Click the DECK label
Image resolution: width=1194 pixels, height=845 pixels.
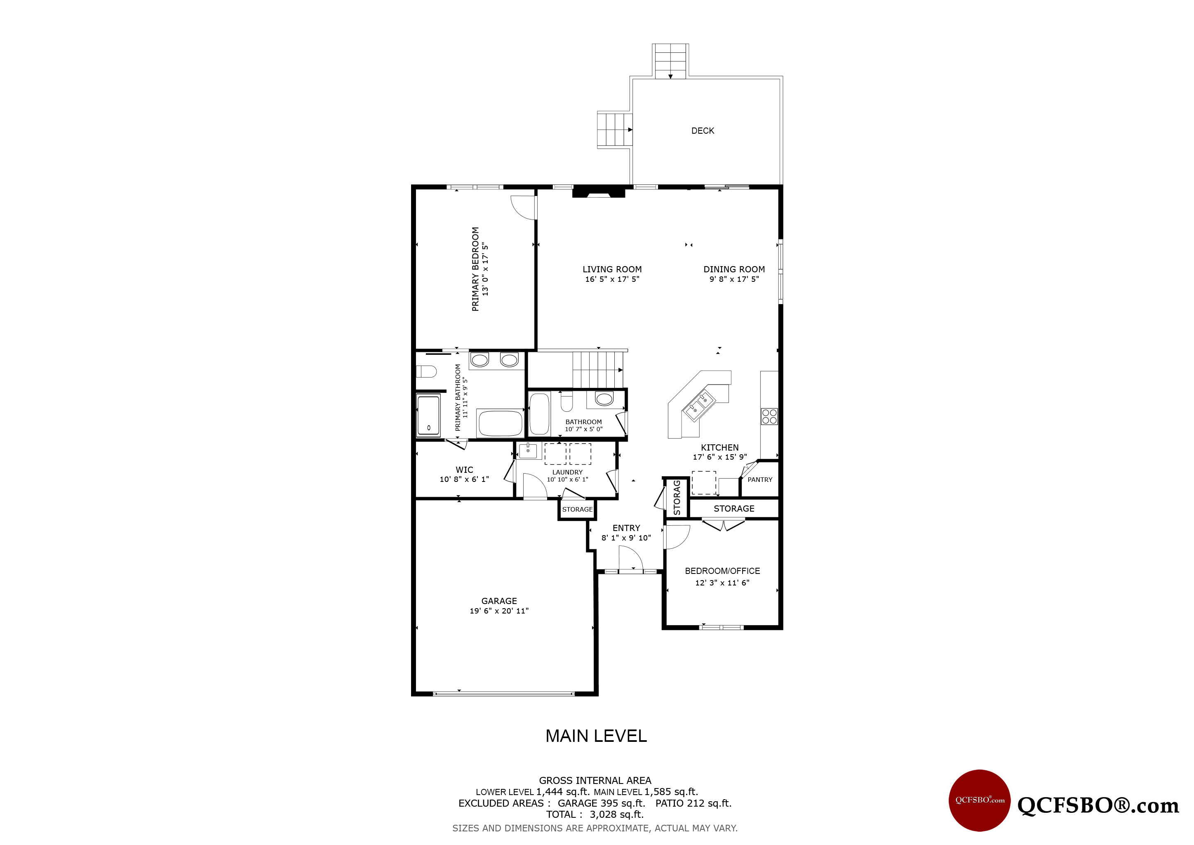[703, 131]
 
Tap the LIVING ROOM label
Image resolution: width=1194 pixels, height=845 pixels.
[612, 269]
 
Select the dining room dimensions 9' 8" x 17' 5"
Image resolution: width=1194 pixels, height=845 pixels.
[734, 279]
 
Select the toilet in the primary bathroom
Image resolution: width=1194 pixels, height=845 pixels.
[426, 371]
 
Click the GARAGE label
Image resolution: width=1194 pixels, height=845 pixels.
[499, 601]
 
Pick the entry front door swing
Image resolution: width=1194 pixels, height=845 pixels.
[631, 559]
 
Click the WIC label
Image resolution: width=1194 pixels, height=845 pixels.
[464, 470]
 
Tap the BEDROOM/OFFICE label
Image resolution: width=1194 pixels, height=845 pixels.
[722, 571]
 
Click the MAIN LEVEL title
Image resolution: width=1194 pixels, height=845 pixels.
[596, 736]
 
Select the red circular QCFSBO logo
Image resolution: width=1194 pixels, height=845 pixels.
[980, 800]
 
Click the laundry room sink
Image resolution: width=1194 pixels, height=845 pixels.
[528, 451]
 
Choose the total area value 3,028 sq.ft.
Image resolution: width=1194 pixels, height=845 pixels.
[617, 814]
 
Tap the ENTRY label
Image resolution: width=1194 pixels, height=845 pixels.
[626, 528]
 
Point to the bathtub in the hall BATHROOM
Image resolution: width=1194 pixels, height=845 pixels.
[539, 414]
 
